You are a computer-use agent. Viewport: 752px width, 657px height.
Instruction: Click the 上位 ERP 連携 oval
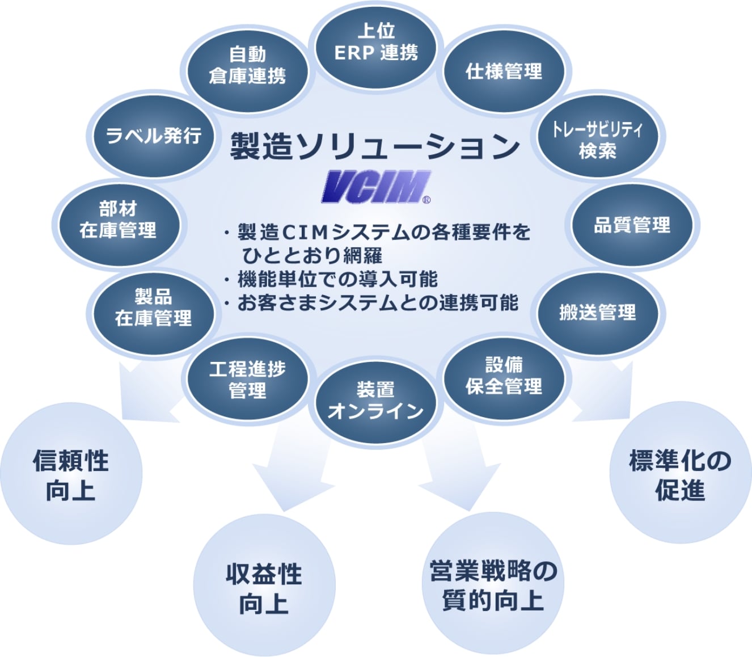[376, 43]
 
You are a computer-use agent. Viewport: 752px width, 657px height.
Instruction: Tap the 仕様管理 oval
[504, 71]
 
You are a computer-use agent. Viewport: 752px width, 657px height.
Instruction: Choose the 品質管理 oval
[632, 225]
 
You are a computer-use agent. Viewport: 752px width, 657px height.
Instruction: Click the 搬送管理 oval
[598, 313]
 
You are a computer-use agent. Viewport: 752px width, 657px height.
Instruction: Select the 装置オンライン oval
[376, 401]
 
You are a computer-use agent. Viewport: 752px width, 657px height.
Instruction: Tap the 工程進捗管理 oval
[247, 379]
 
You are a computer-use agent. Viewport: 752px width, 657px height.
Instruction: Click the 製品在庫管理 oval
[153, 308]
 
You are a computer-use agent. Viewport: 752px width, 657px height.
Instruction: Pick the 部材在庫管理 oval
[118, 220]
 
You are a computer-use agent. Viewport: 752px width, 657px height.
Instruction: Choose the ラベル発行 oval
[153, 136]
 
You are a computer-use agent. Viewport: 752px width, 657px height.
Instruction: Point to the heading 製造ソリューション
[375, 146]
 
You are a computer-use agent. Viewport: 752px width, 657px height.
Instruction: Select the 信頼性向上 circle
[71, 474]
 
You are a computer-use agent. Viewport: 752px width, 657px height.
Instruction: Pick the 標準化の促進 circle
[680, 474]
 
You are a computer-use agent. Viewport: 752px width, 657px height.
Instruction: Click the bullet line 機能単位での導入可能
[337, 279]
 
